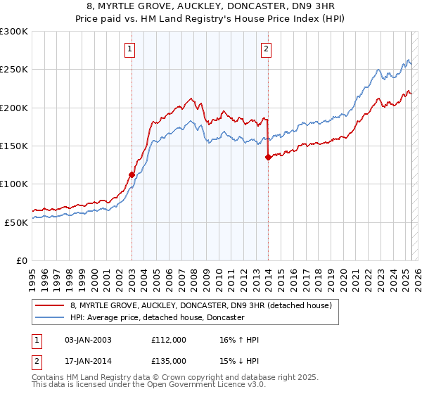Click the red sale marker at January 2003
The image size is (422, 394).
132,174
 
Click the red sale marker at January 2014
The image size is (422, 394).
268,158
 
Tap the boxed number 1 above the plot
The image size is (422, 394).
132,49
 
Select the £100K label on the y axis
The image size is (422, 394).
14,184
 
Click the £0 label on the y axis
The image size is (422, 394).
21,260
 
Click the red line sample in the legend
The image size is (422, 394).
51,305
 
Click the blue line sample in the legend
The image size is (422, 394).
51,318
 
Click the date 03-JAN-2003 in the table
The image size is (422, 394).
87,340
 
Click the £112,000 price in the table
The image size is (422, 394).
169,340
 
